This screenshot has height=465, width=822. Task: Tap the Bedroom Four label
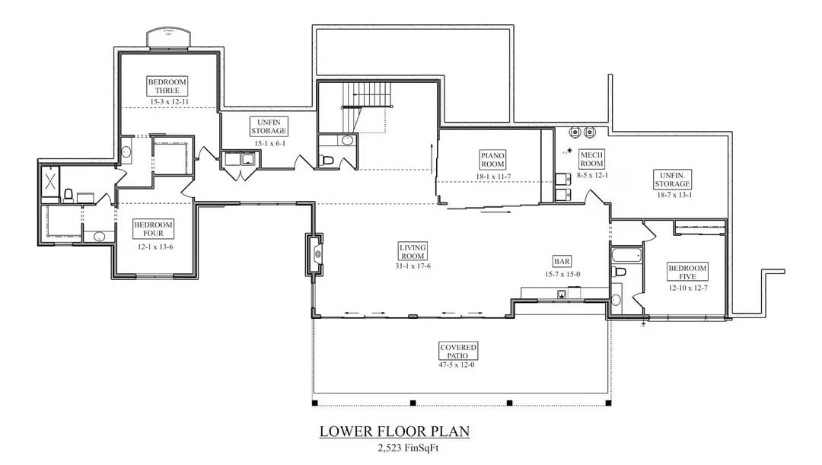pos(154,228)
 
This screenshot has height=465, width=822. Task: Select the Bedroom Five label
pos(687,272)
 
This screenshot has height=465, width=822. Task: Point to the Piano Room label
pos(492,159)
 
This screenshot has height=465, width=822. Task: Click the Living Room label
pos(413,251)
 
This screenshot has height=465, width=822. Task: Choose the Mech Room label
pos(591,158)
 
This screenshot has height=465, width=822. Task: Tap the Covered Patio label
pos(458,351)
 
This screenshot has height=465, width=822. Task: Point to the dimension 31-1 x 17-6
pos(413,266)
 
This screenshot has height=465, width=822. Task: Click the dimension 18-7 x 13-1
pos(674,195)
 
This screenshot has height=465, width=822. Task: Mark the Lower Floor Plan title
pos(394,432)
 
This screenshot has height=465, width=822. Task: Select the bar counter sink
pos(561,293)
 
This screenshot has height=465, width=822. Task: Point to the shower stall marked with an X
pos(50,181)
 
